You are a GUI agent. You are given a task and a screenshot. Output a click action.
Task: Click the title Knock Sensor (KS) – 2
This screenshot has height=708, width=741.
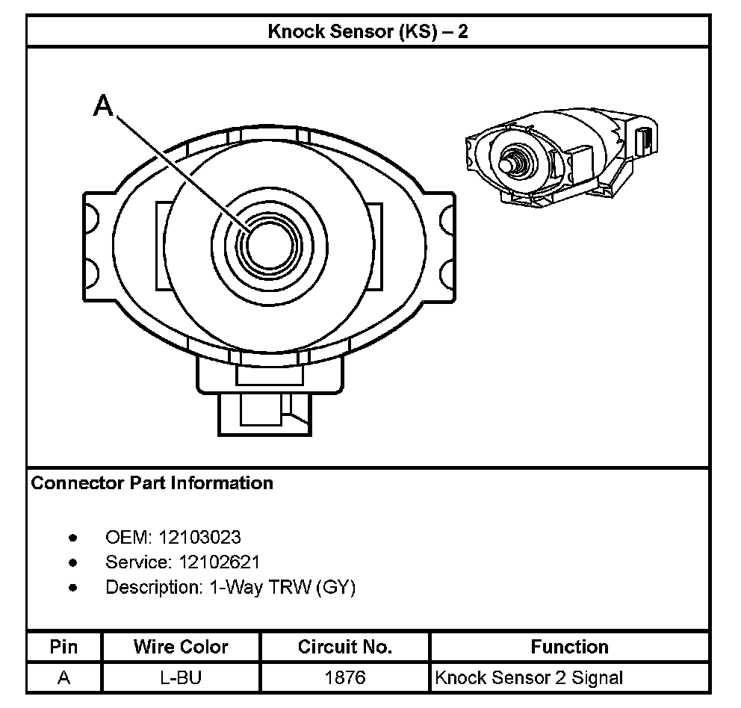(x=368, y=32)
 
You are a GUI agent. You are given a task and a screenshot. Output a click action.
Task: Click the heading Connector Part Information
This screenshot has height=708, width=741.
(x=152, y=483)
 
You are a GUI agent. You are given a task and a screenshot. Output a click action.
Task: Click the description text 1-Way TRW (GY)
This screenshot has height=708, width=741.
(x=278, y=587)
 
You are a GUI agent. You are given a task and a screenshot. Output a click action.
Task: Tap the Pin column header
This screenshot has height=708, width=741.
(x=63, y=647)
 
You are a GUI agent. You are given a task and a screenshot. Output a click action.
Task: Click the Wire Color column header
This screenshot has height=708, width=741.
(x=181, y=647)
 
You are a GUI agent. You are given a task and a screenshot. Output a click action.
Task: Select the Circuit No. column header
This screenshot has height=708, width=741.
(x=344, y=647)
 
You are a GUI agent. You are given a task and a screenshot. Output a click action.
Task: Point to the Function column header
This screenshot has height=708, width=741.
(x=569, y=647)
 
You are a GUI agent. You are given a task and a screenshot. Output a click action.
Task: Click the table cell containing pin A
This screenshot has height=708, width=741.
(x=63, y=678)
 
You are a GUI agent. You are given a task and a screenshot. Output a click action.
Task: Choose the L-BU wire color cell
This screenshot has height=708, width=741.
(x=181, y=678)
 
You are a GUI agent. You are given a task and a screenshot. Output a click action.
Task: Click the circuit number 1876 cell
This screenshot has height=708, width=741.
(x=344, y=678)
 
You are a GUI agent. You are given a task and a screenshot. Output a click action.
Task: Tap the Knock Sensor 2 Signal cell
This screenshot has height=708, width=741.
(x=528, y=678)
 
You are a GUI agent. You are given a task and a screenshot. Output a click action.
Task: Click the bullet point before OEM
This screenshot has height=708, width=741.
(x=72, y=538)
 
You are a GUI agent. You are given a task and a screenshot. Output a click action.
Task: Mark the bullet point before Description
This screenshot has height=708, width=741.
(x=72, y=588)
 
